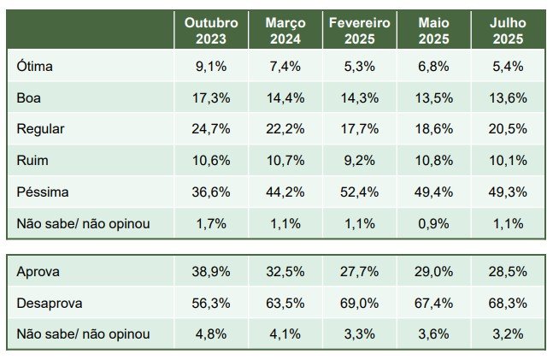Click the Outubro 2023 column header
[211, 30]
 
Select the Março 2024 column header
[285, 30]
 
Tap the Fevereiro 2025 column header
[360, 30]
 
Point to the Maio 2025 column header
[434, 30]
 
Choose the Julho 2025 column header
[508, 30]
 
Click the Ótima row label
[34, 65]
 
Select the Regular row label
[40, 128]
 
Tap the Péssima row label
[43, 192]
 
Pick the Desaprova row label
[48, 303]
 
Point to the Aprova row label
[38, 271]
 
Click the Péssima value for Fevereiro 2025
[360, 192]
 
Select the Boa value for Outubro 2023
[211, 97]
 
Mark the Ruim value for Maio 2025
[434, 161]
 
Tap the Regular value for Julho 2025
[508, 128]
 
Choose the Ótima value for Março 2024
[285, 65]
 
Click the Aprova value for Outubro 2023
[211, 271]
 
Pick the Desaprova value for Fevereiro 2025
[360, 303]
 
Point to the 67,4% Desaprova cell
[434, 303]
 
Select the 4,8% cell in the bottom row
[211, 334]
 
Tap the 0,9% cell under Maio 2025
[434, 224]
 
